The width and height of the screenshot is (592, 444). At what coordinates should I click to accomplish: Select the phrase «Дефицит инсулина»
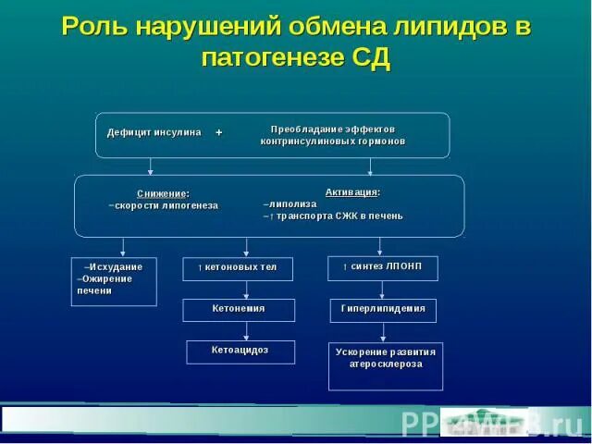point(154,133)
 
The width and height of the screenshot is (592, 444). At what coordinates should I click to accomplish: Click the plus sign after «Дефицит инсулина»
point(219,133)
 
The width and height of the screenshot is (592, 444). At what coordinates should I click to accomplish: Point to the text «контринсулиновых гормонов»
point(332,142)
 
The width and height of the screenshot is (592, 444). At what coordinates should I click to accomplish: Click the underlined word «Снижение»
point(163,193)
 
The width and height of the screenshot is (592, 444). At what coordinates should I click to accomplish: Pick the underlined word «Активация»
point(352,191)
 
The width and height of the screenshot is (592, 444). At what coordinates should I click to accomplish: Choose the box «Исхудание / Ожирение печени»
point(114,280)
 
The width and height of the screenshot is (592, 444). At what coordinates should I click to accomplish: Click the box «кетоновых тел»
point(238,268)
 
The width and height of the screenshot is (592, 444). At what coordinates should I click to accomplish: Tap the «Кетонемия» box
point(239,309)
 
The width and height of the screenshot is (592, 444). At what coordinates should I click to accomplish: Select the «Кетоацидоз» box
point(240,351)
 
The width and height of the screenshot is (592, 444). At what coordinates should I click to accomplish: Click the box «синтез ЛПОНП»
point(382,267)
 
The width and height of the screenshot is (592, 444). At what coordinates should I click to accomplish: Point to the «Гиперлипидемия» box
point(382,309)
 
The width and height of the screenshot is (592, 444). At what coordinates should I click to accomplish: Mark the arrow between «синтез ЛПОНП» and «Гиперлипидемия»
point(382,290)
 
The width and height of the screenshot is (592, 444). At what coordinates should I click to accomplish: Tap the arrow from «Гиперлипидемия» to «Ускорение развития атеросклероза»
point(382,332)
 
